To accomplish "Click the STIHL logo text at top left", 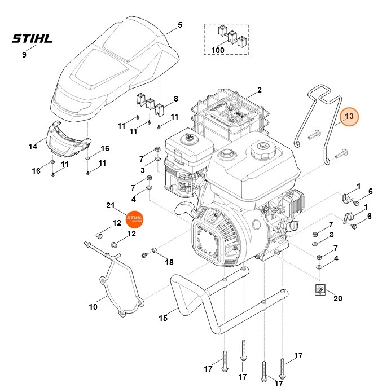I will [33, 39].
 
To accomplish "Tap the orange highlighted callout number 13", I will [349, 116].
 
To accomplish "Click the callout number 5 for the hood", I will [180, 25].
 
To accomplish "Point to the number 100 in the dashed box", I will [218, 50].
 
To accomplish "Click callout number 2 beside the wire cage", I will [260, 90].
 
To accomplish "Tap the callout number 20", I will [338, 298].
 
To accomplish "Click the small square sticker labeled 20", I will [320, 289].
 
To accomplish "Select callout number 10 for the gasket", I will [93, 307].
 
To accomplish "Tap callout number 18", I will [169, 263].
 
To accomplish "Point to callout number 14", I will [33, 147].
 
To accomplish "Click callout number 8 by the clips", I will [176, 99].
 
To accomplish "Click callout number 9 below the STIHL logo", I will [24, 55].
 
